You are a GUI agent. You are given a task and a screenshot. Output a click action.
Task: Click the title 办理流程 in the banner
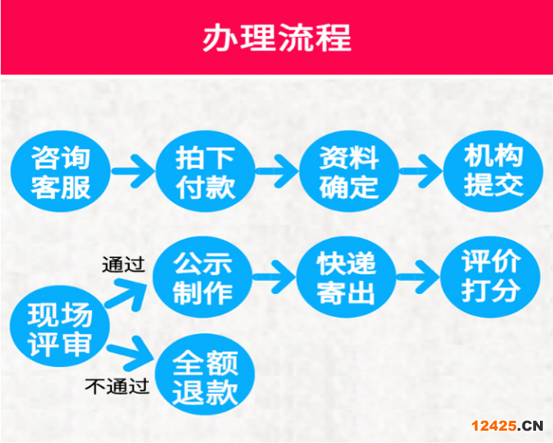point(276,38)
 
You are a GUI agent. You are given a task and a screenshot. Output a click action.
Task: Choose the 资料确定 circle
point(349,173)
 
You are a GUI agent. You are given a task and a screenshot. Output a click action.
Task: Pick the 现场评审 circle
point(60,329)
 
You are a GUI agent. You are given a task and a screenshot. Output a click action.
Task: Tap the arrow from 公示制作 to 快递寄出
point(275,273)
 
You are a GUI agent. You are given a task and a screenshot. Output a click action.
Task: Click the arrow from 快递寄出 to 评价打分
point(418,273)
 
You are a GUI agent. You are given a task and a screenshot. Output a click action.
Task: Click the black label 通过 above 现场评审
point(124,266)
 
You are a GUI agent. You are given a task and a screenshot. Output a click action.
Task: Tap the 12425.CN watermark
point(507,425)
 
